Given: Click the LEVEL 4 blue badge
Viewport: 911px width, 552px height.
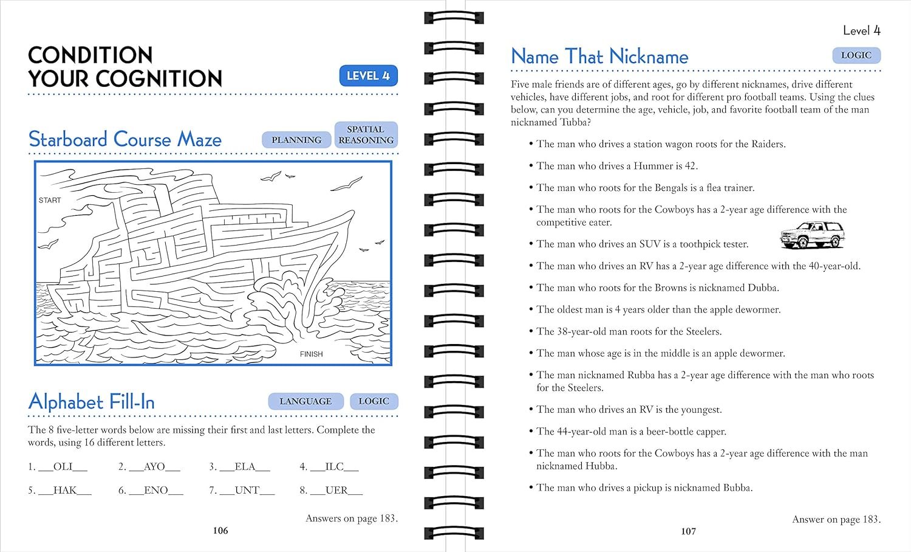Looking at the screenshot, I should [368, 76].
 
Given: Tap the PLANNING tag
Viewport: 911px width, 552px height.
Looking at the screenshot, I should [296, 140].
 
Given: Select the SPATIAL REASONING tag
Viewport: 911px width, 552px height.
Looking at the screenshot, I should [366, 134].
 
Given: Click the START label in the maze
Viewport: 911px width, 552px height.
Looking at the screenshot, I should [50, 200].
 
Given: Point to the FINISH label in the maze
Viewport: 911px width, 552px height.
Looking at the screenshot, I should [311, 354].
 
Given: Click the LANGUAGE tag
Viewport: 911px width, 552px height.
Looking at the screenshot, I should [305, 401].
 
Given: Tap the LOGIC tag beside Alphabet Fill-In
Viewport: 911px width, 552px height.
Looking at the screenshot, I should [374, 401].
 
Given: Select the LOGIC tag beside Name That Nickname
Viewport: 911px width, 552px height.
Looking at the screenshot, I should [856, 55].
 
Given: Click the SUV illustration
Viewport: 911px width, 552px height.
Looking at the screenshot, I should [812, 235].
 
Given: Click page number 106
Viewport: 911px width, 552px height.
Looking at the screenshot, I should [220, 531].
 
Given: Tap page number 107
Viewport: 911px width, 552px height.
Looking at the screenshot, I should [688, 531].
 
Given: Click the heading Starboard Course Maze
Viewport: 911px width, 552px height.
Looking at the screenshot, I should [125, 139].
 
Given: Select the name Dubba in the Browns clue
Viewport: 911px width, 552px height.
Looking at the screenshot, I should [762, 288].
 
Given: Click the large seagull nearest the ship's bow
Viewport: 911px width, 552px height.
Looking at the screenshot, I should [347, 184].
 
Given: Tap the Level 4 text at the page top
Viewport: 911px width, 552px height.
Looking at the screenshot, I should [861, 30].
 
